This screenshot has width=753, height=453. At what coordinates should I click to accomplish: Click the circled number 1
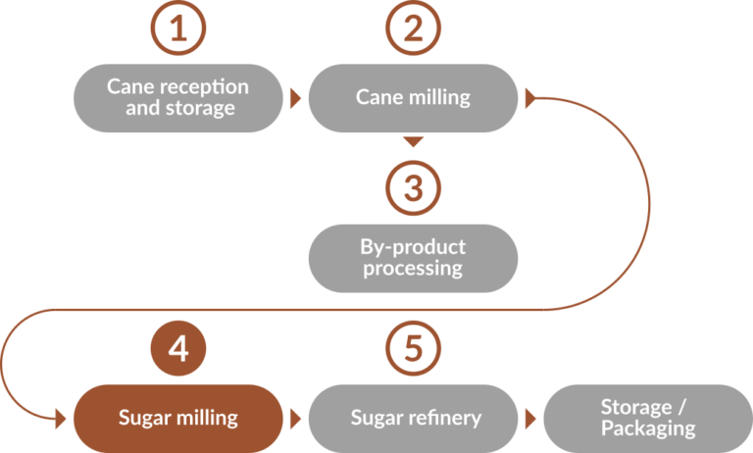(177, 28)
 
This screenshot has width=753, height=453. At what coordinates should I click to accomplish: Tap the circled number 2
(413, 28)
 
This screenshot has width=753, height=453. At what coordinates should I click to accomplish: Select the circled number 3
(413, 186)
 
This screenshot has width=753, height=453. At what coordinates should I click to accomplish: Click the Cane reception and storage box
(177, 98)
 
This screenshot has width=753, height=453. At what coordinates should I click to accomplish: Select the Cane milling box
(413, 98)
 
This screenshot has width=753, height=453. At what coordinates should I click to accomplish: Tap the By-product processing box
(413, 258)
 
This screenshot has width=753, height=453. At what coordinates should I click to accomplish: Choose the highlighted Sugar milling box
(177, 418)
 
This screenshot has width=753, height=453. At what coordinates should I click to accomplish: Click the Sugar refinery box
(413, 418)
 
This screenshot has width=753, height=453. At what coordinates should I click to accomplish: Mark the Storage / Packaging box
(647, 418)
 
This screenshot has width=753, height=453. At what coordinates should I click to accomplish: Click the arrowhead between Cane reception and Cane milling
(295, 98)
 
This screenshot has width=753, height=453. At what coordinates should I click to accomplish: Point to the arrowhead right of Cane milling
(530, 98)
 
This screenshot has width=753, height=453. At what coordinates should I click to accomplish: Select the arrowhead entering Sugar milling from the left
(62, 418)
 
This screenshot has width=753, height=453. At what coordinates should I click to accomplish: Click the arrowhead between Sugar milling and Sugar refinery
(295, 418)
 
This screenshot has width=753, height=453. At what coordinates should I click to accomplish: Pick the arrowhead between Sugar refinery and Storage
(530, 418)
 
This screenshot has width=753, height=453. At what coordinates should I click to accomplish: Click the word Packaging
(648, 428)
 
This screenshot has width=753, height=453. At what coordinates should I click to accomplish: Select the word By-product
(414, 247)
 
